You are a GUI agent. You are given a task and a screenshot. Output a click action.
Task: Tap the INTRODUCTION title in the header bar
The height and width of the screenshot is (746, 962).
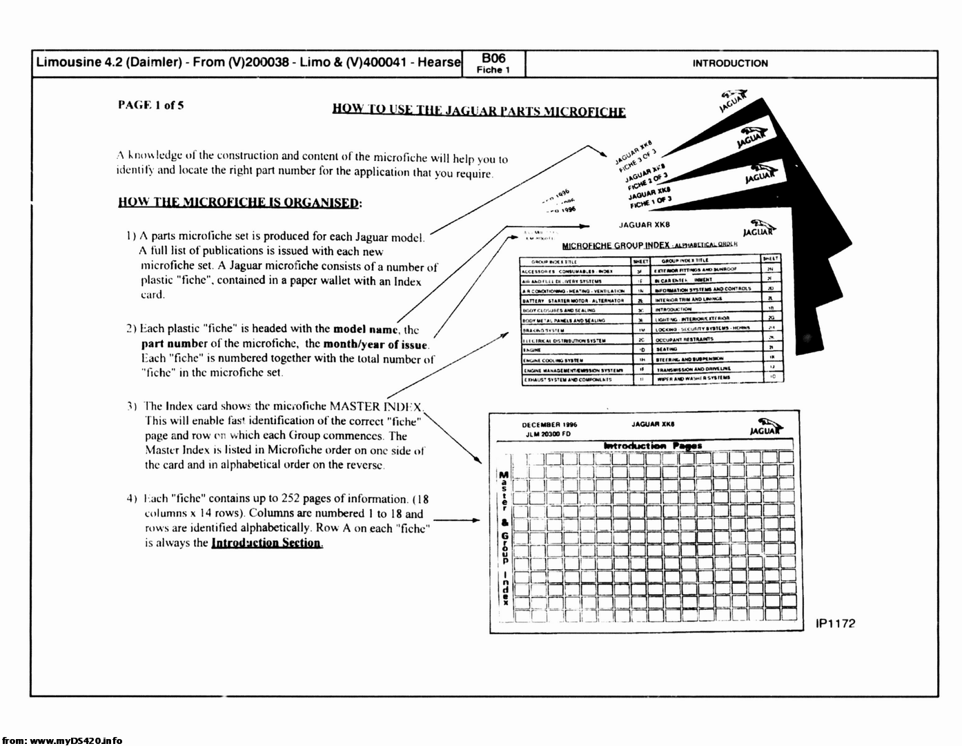pyautogui.click(x=730, y=64)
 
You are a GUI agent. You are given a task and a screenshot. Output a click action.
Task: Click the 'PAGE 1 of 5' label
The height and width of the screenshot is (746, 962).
pyautogui.click(x=150, y=105)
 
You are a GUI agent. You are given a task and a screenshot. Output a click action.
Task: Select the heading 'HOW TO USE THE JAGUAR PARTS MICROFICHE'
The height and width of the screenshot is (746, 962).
pyautogui.click(x=479, y=111)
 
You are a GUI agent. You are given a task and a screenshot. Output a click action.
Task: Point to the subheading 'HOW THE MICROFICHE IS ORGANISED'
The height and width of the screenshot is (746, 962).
pyautogui.click(x=239, y=202)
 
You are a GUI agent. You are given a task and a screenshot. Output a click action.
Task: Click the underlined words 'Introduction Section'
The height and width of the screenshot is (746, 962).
pyautogui.click(x=266, y=542)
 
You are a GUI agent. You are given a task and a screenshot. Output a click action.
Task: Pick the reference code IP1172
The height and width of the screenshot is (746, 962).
pyautogui.click(x=835, y=624)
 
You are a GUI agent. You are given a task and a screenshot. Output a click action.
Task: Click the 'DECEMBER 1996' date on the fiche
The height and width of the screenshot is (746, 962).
pyautogui.click(x=550, y=425)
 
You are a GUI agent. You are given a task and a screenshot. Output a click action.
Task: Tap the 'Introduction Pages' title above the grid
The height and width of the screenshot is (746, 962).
pyautogui.click(x=652, y=446)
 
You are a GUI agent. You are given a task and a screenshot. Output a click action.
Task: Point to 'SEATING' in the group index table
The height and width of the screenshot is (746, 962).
pyautogui.click(x=667, y=350)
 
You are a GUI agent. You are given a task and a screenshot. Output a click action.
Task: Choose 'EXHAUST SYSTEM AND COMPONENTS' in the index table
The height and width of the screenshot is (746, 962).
pyautogui.click(x=567, y=379)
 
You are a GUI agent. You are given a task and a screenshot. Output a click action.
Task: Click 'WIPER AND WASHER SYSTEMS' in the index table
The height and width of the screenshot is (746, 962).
pyautogui.click(x=692, y=379)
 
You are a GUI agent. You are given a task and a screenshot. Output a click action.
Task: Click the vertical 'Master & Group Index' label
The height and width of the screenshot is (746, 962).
pyautogui.click(x=504, y=538)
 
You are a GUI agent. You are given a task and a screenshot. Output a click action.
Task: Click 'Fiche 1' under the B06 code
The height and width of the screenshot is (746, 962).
pyautogui.click(x=493, y=70)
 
